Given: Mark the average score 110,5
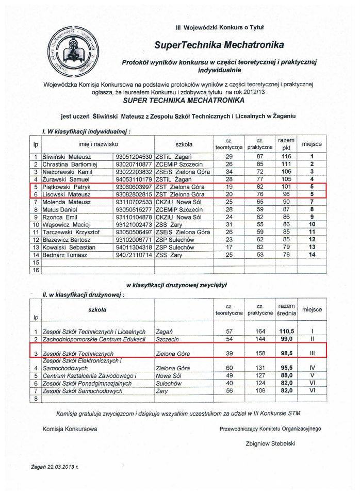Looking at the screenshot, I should click(x=286, y=331).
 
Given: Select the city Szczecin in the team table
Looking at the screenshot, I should click(x=167, y=339).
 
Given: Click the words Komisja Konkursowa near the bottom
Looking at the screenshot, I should click(x=69, y=428).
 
